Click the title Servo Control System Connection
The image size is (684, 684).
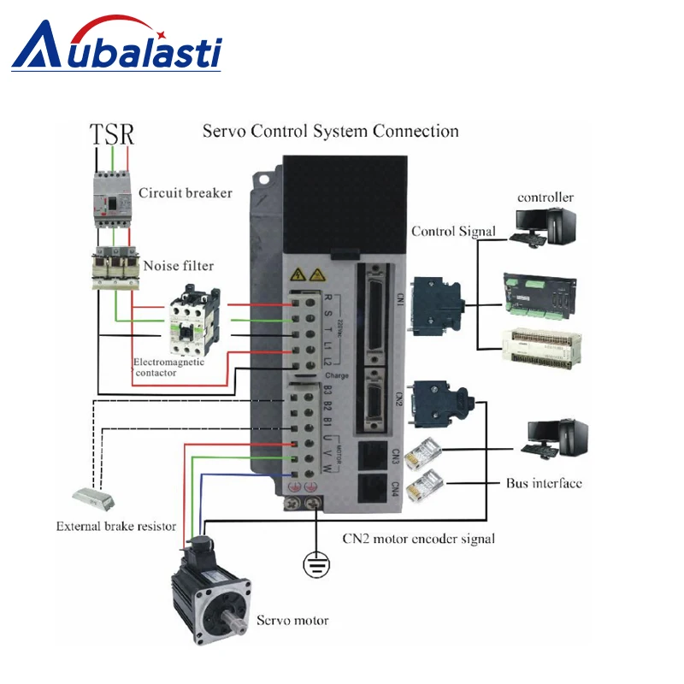click(x=330, y=132)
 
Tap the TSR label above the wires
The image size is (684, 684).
click(x=112, y=134)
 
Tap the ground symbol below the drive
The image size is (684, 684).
click(x=317, y=563)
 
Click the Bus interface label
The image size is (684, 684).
click(x=544, y=483)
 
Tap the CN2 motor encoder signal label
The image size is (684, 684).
click(x=418, y=539)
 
